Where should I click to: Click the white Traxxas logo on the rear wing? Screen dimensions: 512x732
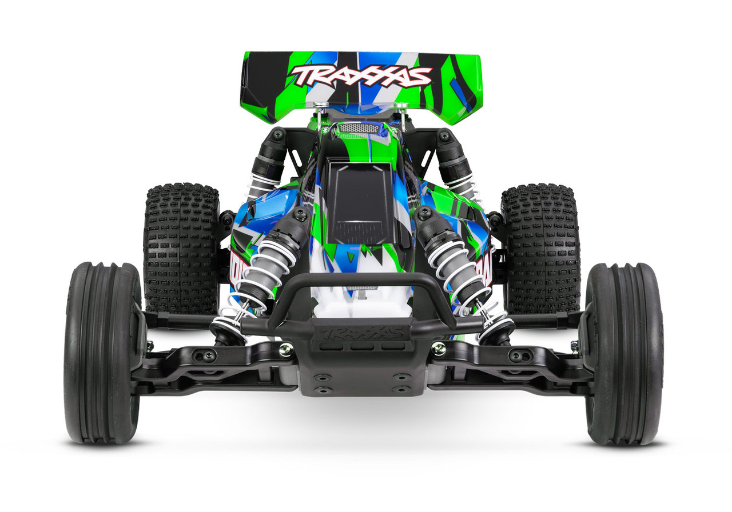click(x=360, y=75)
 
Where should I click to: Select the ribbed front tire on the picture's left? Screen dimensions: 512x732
click(x=102, y=353)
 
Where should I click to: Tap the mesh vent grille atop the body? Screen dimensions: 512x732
click(x=359, y=129)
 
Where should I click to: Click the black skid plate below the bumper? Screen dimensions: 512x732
click(x=362, y=371)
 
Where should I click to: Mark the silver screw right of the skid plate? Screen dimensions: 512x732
click(x=439, y=347)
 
